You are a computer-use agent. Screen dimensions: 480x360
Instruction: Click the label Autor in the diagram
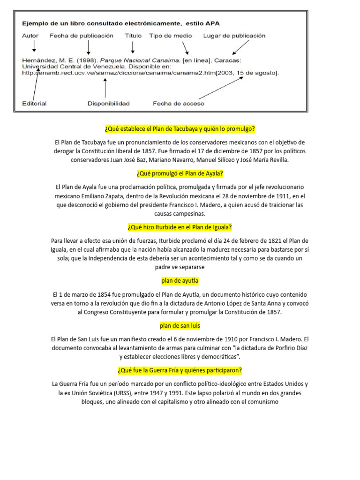click(x=30, y=36)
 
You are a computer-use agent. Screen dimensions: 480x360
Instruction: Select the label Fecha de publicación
click(x=82, y=36)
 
